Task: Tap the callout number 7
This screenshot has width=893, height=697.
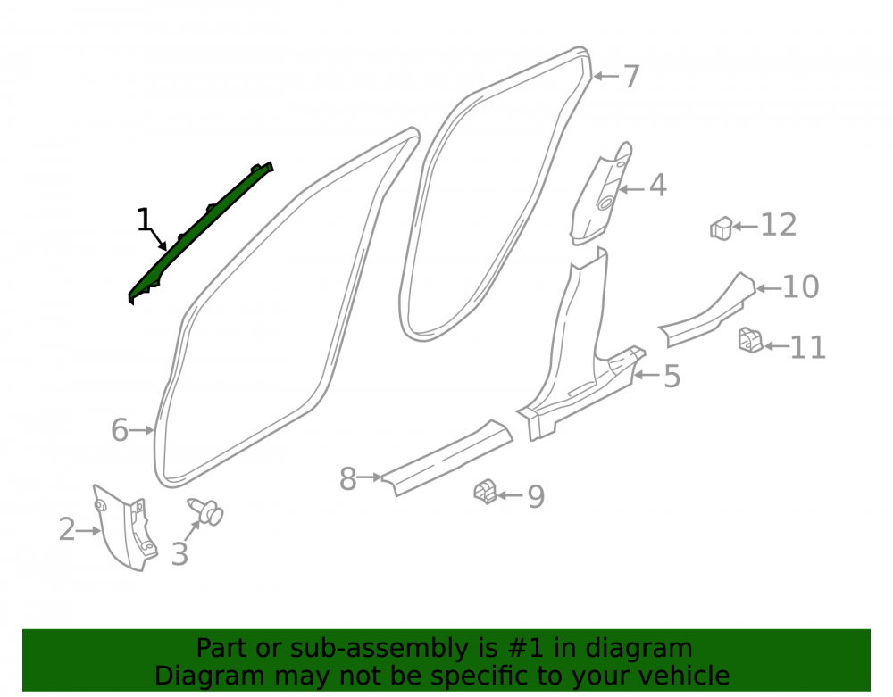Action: [x=631, y=76]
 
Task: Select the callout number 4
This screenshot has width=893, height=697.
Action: [x=658, y=186]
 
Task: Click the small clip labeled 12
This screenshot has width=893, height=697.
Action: [x=721, y=228]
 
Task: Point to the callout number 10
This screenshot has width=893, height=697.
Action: [x=801, y=286]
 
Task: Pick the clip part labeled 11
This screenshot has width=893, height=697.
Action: [x=750, y=340]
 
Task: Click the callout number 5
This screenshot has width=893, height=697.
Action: [x=672, y=376]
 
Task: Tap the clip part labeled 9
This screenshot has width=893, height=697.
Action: [x=485, y=492]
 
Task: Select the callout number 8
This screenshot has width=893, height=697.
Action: [x=347, y=479]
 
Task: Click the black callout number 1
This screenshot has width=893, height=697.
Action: [x=144, y=220]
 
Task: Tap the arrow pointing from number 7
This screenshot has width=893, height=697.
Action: [x=605, y=76]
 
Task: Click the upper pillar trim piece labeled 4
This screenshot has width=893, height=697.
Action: [x=601, y=194]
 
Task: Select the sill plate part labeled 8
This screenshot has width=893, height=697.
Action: [x=447, y=458]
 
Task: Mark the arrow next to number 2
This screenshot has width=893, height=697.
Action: [x=88, y=531]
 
